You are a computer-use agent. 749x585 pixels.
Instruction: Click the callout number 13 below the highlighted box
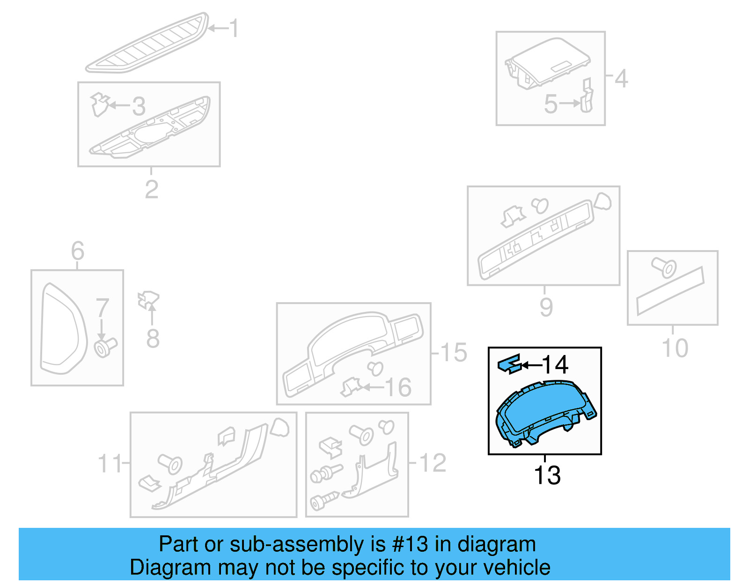[547, 475]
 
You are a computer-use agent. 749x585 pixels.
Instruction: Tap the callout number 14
[555, 365]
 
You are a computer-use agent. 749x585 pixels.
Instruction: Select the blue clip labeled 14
[509, 364]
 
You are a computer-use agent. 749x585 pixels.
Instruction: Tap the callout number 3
[139, 106]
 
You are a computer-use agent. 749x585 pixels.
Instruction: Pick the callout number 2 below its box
[151, 189]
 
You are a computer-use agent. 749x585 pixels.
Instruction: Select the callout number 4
[621, 79]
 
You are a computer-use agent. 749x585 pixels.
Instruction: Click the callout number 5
[551, 104]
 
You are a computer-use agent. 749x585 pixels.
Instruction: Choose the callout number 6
[78, 251]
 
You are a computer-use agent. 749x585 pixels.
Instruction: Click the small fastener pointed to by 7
[105, 348]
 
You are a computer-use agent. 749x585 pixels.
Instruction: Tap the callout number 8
[153, 338]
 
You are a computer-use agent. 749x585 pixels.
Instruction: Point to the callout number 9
[546, 307]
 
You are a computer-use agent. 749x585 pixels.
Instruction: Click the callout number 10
[675, 348]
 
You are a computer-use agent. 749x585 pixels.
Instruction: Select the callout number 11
[110, 464]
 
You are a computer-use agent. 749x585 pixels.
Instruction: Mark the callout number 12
[433, 463]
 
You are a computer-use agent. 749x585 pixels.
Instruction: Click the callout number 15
[454, 352]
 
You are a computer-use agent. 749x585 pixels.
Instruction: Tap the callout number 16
[398, 387]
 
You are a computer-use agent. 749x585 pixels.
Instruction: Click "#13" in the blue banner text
[410, 544]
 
